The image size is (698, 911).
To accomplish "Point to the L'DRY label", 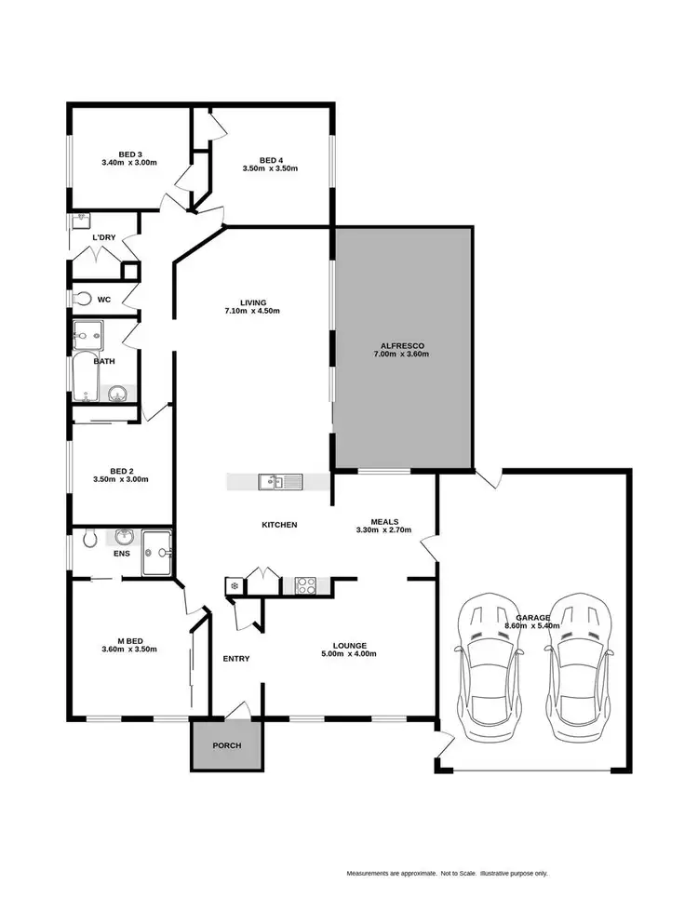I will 103,237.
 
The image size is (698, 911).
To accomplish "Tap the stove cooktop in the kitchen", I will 306,585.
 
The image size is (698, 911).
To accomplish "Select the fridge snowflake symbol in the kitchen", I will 233,586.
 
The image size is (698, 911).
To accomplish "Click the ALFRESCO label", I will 403,344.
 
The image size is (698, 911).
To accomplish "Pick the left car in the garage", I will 485,663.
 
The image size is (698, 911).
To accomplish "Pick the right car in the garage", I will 580,663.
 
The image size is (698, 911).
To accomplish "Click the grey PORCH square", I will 226,744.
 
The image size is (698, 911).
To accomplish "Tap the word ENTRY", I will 236,659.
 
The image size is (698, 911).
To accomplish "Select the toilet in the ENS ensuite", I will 88,539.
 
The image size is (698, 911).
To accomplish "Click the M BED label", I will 129,639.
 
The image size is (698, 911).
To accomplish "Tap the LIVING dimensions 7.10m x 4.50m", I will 253,311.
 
